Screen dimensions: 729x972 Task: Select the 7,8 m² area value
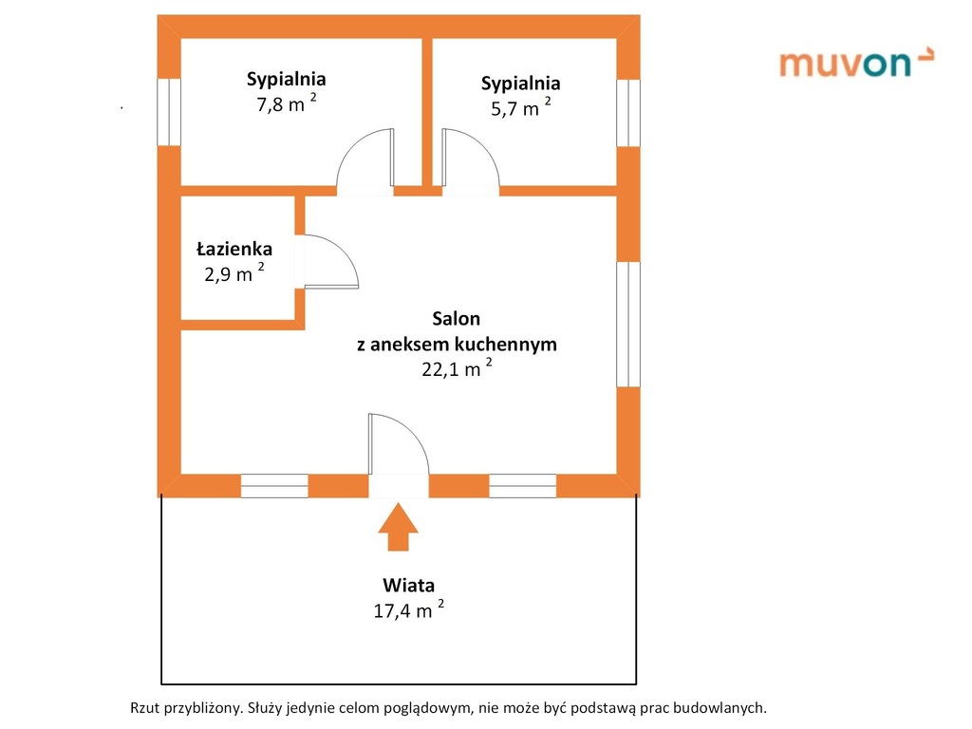click(286, 104)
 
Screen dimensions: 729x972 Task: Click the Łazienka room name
click(234, 250)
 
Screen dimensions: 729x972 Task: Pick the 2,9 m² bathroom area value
click(234, 275)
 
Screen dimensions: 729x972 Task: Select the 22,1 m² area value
click(457, 369)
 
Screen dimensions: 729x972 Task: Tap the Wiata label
click(409, 585)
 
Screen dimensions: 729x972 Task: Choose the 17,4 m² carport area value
click(409, 610)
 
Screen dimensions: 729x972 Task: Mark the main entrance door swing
click(399, 445)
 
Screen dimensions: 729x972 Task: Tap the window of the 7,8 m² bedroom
click(169, 112)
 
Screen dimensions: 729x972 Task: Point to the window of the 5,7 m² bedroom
click(628, 113)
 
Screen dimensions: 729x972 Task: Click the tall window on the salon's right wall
click(628, 324)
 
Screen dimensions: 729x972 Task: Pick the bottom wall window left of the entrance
click(274, 486)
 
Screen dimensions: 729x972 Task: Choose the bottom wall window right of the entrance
click(522, 486)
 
